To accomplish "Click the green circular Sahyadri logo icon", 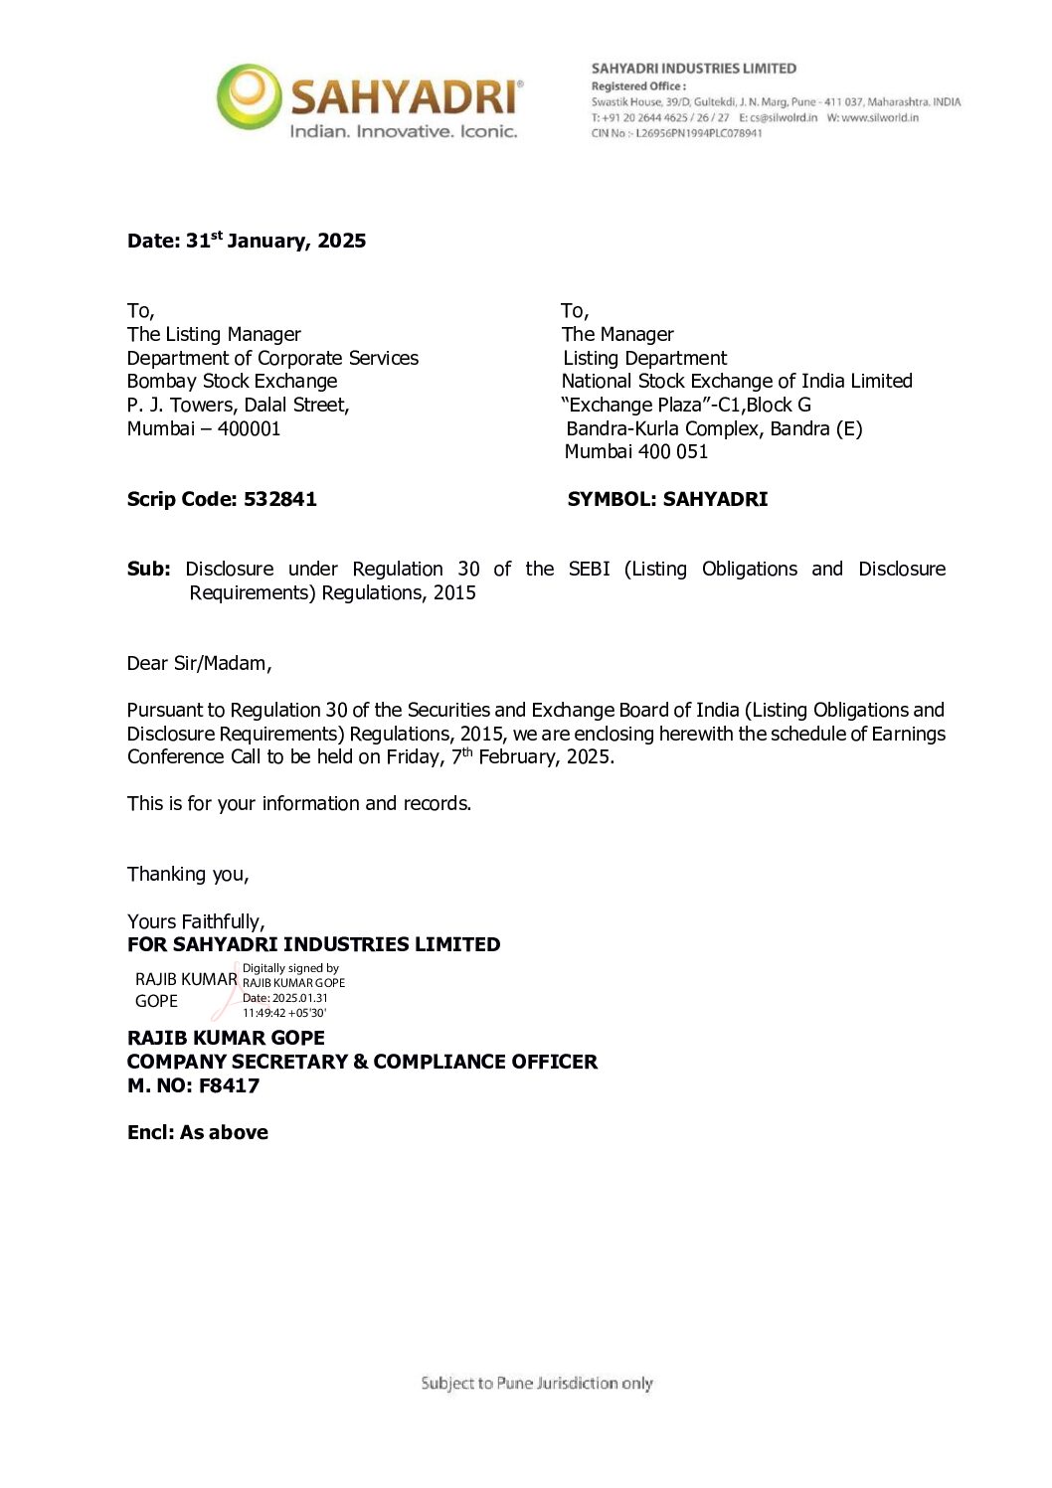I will pyautogui.click(x=250, y=96).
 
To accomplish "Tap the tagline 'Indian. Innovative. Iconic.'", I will pyautogui.click(x=403, y=131).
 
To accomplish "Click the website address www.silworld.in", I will pyautogui.click(x=880, y=117).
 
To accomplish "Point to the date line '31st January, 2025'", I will pyautogui.click(x=275, y=241).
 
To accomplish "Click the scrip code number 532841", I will pyautogui.click(x=280, y=499).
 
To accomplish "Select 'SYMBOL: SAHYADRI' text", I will pyautogui.click(x=667, y=499).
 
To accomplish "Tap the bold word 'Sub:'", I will pyautogui.click(x=148, y=569).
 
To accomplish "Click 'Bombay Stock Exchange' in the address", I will pyautogui.click(x=232, y=381).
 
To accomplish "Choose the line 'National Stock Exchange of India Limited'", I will pyautogui.click(x=737, y=381).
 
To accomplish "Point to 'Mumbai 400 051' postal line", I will pyautogui.click(x=636, y=451).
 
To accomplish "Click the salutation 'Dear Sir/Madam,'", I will pyautogui.click(x=199, y=663).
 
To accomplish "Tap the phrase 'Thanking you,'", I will pyautogui.click(x=188, y=874).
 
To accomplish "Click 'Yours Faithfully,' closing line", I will pyautogui.click(x=196, y=921).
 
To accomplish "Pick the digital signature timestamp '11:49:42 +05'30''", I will pyautogui.click(x=284, y=1013).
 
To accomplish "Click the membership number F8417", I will pyautogui.click(x=229, y=1085).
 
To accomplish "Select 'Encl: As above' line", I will pyautogui.click(x=198, y=1132).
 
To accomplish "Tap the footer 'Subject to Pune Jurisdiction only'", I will pyautogui.click(x=537, y=1383).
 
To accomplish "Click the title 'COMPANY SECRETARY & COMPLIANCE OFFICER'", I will pyautogui.click(x=362, y=1062).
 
